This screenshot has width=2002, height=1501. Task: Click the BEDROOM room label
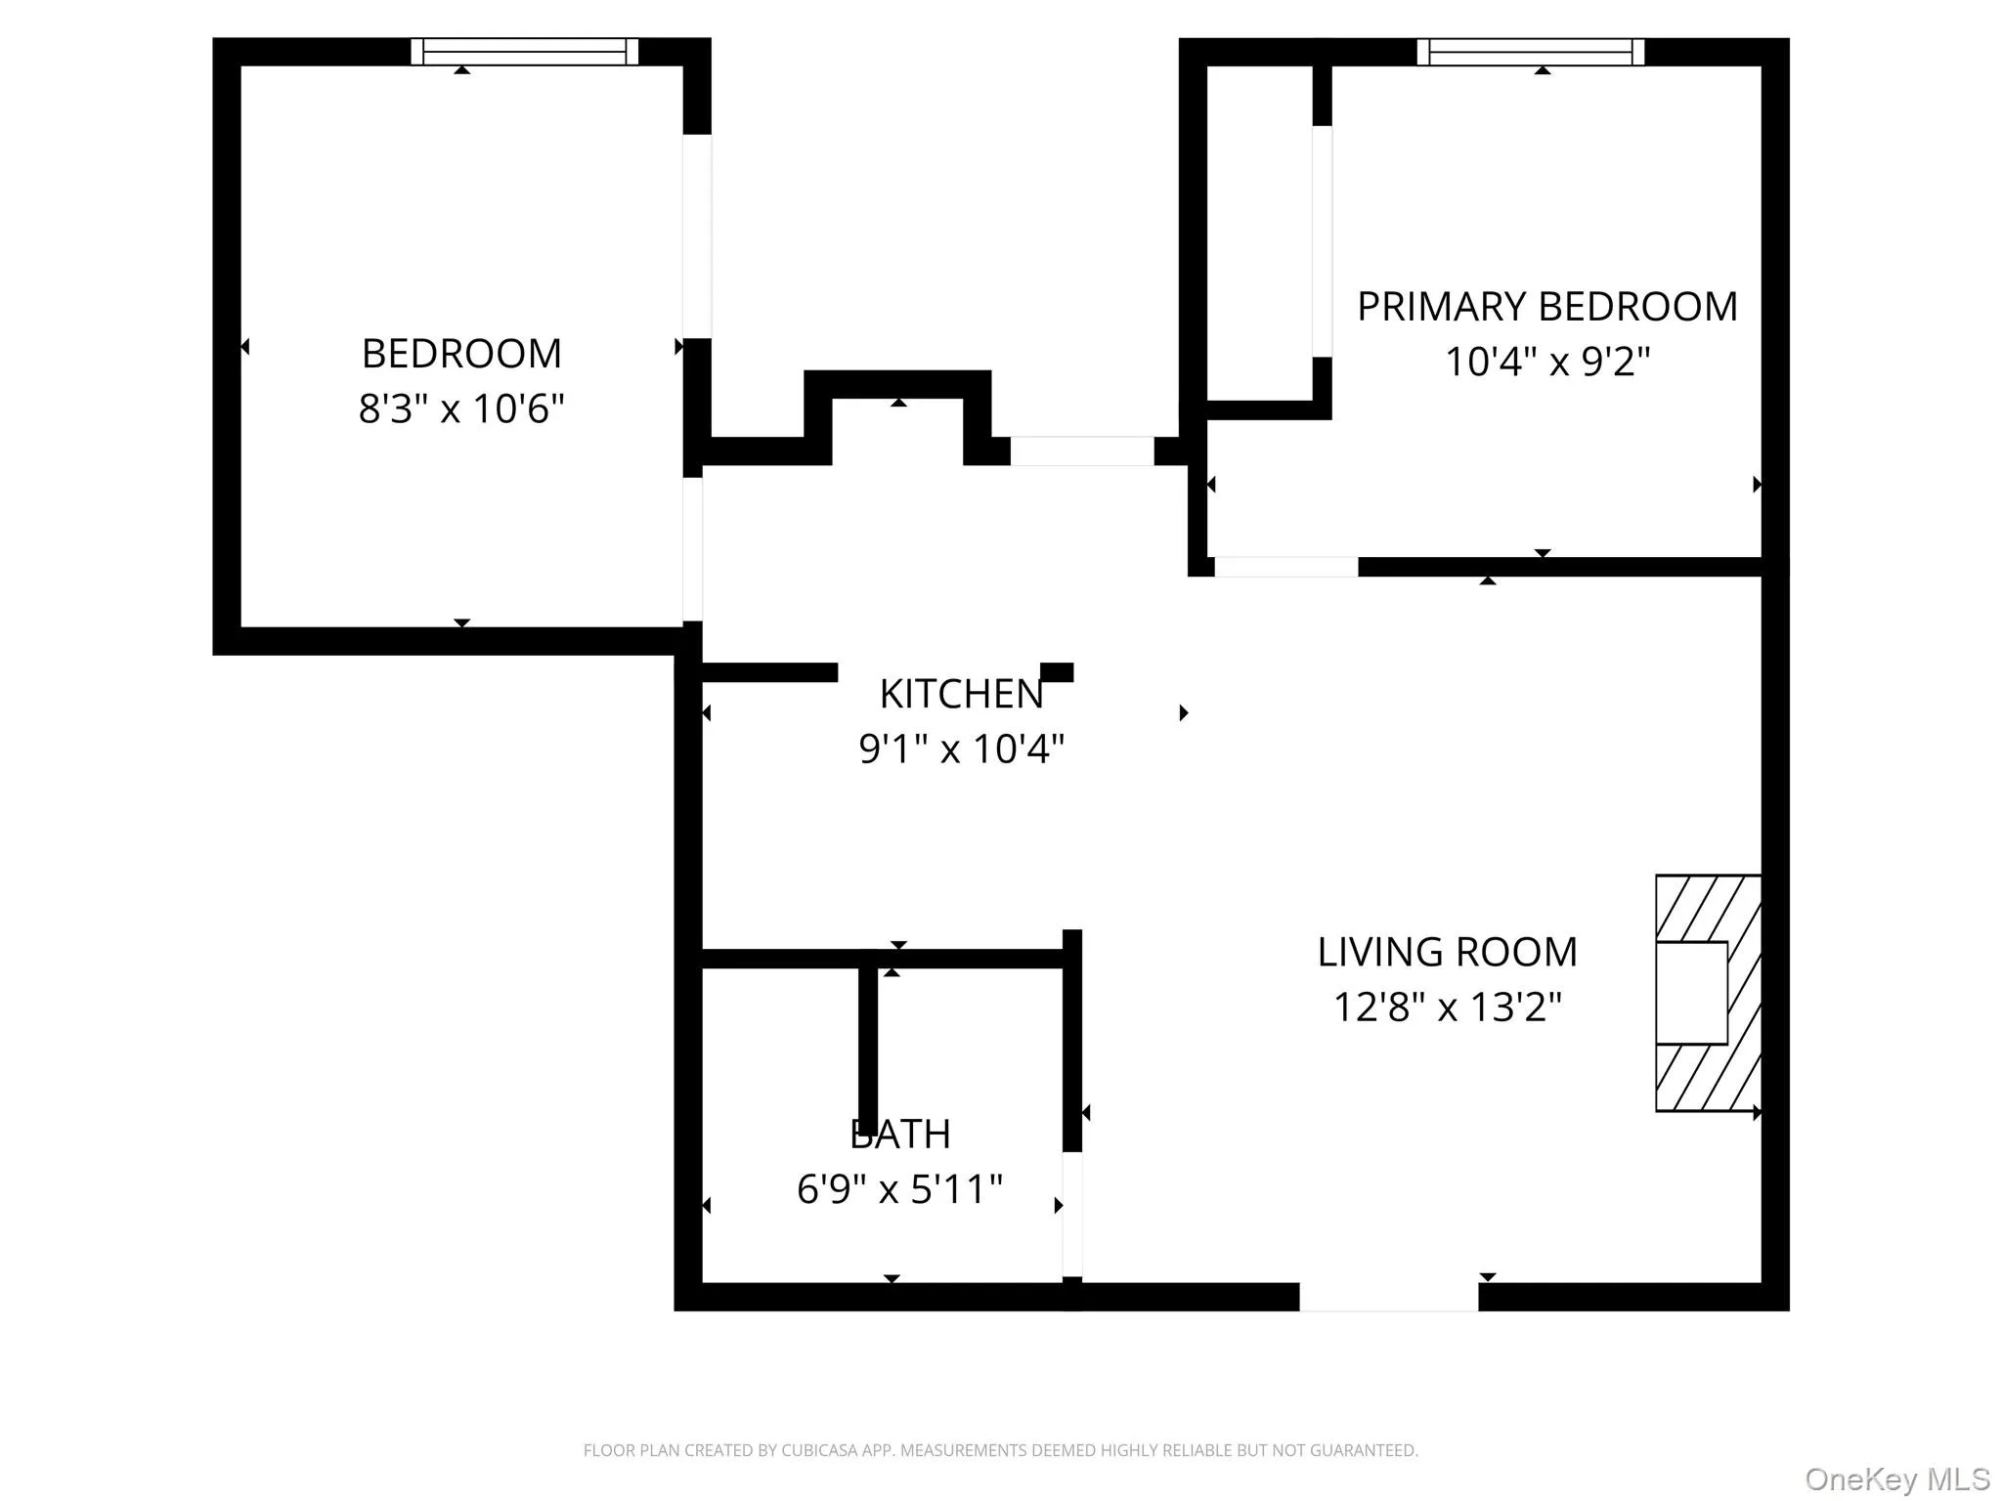coord(461,354)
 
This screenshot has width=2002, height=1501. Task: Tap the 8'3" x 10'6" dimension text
coord(461,408)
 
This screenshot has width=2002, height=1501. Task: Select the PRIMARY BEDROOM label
coord(1546,307)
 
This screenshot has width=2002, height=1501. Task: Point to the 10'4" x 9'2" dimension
coord(1546,363)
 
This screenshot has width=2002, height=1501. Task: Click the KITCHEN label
coord(962,695)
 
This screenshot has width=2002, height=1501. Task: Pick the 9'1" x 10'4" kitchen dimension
coord(962,750)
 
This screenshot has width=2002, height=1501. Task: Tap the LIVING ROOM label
coord(1447,953)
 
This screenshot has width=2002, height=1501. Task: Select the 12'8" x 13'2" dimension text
coord(1447,1008)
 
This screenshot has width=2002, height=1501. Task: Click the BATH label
coord(900,1135)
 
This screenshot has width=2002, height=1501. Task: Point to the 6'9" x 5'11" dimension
coord(900,1190)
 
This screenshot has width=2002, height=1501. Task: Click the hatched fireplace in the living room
coord(1708,993)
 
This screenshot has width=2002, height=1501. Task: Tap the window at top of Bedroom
coord(524,52)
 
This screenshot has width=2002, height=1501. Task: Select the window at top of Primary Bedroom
coord(1531,52)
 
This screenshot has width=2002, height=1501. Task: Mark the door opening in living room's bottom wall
coord(1388,1297)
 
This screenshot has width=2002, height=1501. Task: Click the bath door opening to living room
coord(1072,1215)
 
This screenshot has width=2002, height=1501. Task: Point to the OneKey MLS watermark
coord(1896,1480)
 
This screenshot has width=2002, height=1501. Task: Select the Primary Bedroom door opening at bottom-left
coord(1285,567)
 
